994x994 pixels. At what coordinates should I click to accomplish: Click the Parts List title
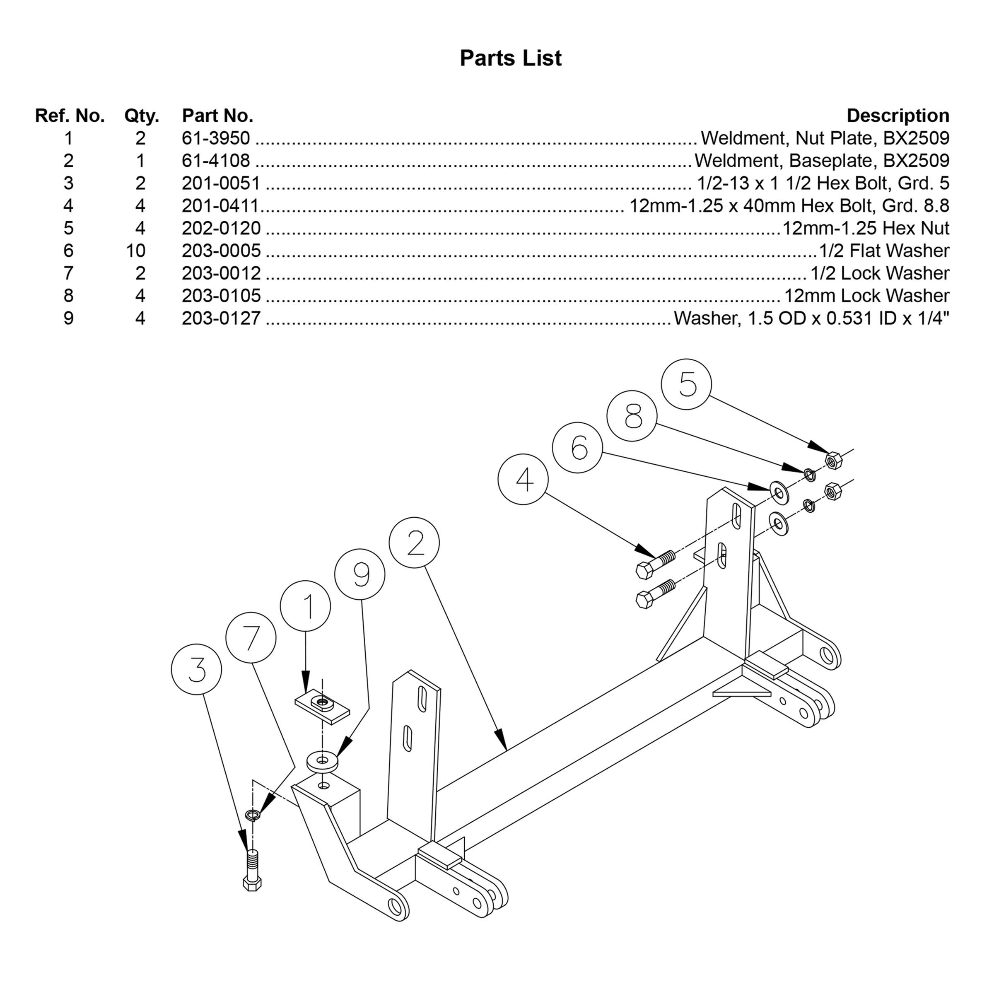[x=510, y=58]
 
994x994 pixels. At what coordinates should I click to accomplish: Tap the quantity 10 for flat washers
[x=136, y=251]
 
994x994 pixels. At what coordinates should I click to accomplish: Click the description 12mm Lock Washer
[x=866, y=295]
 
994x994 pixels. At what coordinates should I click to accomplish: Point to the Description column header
[x=898, y=116]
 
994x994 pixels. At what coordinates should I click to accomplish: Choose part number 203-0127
[x=221, y=318]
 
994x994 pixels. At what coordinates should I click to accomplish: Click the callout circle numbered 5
[x=686, y=384]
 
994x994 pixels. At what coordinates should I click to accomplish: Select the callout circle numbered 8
[x=632, y=416]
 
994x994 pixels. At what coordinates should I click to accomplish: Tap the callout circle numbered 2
[x=414, y=543]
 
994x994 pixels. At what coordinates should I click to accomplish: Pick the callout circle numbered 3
[x=197, y=669]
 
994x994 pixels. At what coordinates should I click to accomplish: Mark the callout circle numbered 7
[x=251, y=637]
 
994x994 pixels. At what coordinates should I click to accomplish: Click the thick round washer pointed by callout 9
[x=323, y=762]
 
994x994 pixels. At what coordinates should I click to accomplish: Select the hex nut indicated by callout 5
[x=833, y=459]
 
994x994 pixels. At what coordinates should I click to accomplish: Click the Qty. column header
[x=142, y=116]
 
